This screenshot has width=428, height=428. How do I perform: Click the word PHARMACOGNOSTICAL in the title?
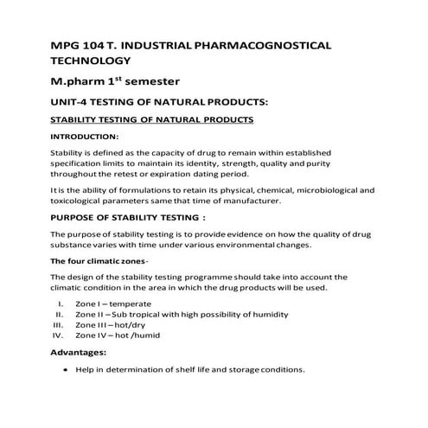click(267, 43)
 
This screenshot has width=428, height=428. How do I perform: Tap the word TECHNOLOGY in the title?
click(91, 61)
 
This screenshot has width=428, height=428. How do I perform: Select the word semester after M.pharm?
click(148, 82)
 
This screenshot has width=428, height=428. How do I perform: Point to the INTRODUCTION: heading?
click(85, 137)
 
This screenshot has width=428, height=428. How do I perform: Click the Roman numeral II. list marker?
click(61, 314)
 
